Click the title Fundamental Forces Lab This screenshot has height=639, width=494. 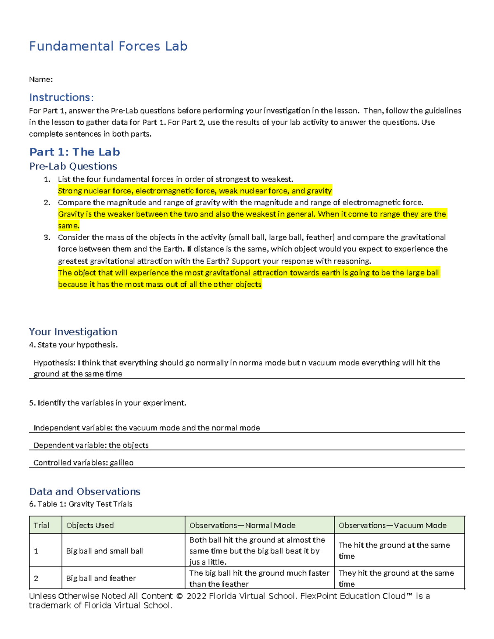coord(108,46)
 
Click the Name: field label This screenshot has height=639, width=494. coord(41,79)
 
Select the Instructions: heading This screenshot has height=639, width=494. coord(61,98)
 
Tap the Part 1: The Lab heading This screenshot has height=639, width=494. coord(75,152)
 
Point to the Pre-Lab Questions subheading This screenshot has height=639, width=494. coord(73,166)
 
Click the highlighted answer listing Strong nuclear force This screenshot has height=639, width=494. coord(195,191)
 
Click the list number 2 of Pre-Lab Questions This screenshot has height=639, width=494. coord(47,202)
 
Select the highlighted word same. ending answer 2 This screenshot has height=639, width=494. coord(68,226)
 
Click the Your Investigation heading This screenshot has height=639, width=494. coord(73,332)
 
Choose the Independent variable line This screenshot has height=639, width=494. coord(147,428)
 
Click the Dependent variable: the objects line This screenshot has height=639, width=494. coord(91,445)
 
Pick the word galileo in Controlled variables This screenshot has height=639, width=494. coord(121,463)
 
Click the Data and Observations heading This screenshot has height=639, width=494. coord(85,491)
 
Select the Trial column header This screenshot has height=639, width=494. coord(41,525)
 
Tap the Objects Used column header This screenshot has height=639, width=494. coord(90,525)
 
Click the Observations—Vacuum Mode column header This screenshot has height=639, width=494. coord(392,525)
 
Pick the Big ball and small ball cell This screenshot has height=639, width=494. coord(105,551)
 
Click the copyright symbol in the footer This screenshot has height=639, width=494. coord(179,596)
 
